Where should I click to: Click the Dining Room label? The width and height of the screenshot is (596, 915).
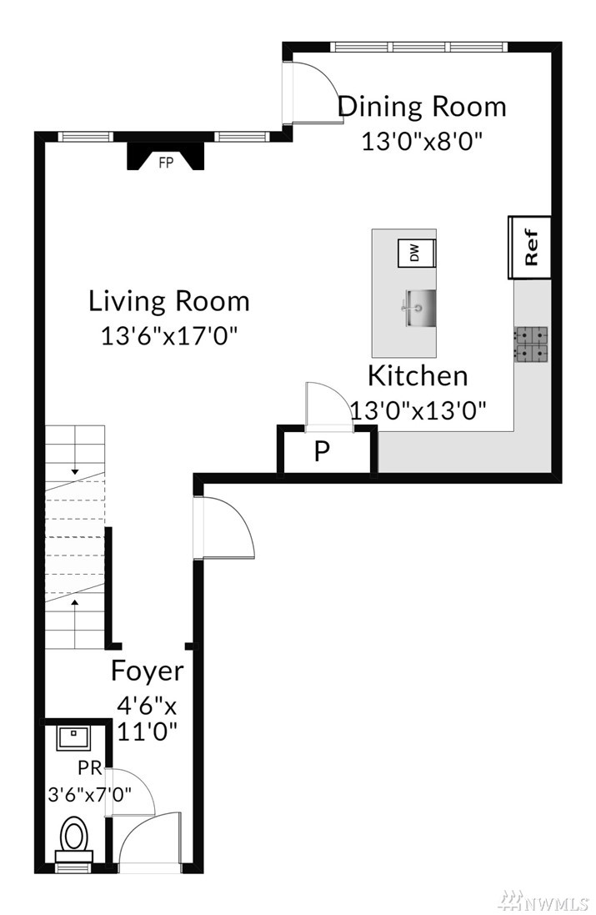pyautogui.click(x=423, y=107)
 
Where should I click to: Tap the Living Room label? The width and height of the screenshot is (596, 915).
pyautogui.click(x=169, y=301)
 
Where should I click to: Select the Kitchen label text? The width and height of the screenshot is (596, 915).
pyautogui.click(x=418, y=376)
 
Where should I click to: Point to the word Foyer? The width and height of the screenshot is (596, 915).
pyautogui.click(x=147, y=671)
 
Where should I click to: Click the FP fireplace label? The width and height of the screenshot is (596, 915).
pyautogui.click(x=166, y=163)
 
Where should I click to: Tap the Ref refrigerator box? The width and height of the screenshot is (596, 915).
pyautogui.click(x=529, y=248)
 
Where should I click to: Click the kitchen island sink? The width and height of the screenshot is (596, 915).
pyautogui.click(x=418, y=308)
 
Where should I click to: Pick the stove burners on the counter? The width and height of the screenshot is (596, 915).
pyautogui.click(x=531, y=344)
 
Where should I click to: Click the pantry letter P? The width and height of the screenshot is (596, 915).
pyautogui.click(x=323, y=450)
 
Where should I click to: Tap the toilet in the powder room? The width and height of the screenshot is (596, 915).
pyautogui.click(x=74, y=839)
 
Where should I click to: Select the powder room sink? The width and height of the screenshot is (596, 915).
pyautogui.click(x=73, y=738)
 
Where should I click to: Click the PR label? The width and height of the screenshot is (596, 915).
pyautogui.click(x=90, y=767)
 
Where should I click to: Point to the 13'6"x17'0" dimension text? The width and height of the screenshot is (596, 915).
pyautogui.click(x=170, y=336)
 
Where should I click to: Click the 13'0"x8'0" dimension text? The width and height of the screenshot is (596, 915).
pyautogui.click(x=423, y=142)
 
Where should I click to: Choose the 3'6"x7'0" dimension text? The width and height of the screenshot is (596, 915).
pyautogui.click(x=90, y=794)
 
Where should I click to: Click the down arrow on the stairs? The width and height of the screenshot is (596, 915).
pyautogui.click(x=75, y=466)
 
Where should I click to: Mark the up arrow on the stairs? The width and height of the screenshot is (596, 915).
pyautogui.click(x=75, y=606)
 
